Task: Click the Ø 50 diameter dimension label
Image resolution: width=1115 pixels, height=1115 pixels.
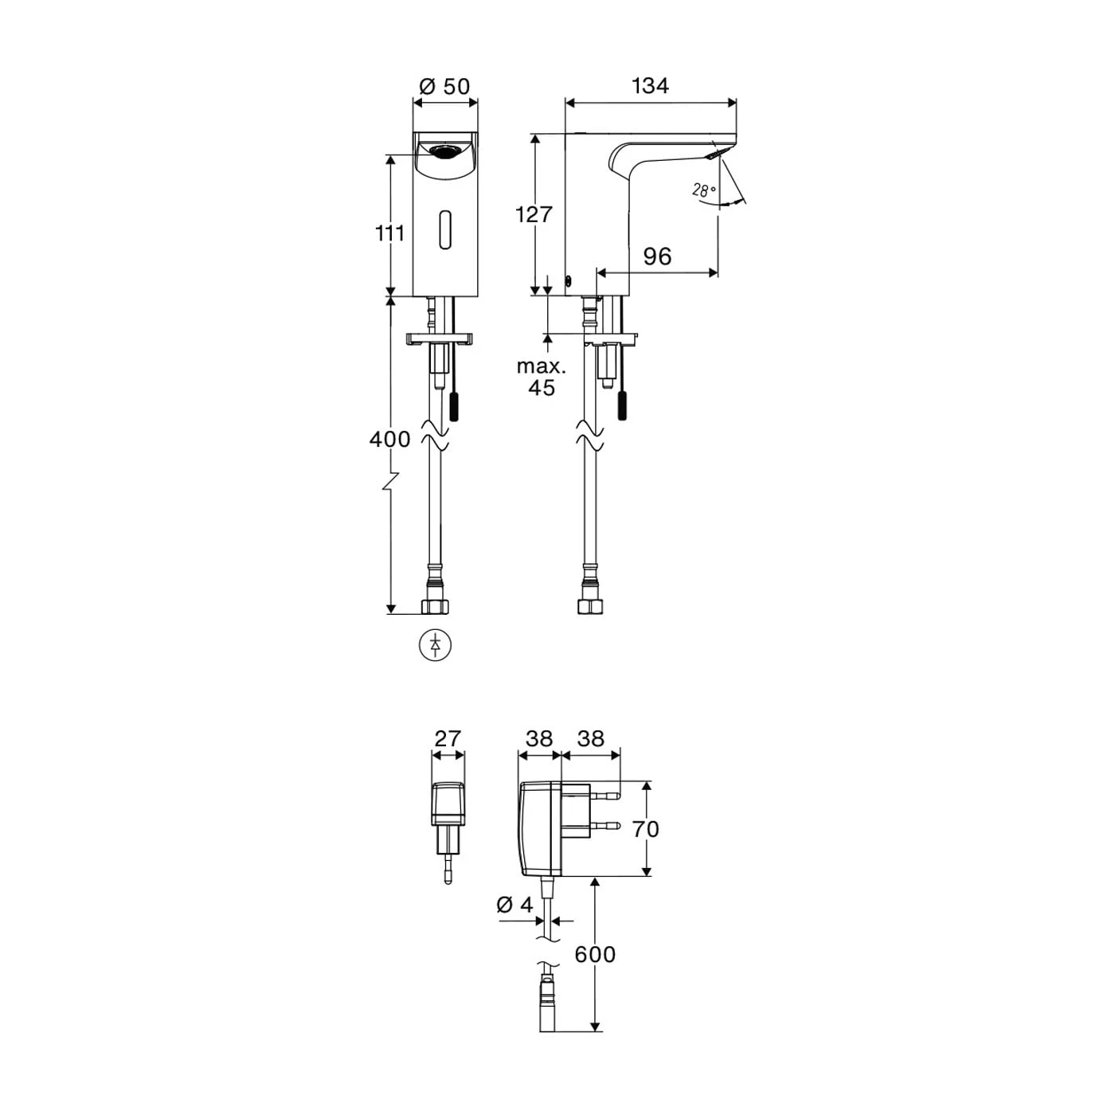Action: (x=445, y=85)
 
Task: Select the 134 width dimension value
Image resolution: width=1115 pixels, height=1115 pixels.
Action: (x=650, y=85)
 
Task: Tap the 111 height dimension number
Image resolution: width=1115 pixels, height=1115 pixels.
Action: (x=390, y=233)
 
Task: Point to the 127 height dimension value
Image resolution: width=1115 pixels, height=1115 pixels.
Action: (x=534, y=214)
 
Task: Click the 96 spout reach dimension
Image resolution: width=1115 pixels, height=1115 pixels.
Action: (x=657, y=256)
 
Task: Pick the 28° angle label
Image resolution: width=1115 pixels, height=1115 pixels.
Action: (x=703, y=190)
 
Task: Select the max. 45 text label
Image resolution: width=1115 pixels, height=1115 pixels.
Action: (x=542, y=378)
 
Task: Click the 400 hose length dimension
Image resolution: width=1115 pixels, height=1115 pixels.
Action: (x=390, y=439)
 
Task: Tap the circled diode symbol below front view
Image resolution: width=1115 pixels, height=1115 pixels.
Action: (x=435, y=644)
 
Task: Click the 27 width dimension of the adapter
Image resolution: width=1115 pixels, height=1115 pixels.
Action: (x=448, y=738)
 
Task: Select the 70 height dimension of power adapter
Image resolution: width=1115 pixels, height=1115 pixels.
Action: (x=646, y=829)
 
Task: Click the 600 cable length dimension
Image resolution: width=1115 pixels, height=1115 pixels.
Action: (x=596, y=953)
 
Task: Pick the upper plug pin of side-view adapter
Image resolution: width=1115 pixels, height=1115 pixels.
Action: (x=608, y=796)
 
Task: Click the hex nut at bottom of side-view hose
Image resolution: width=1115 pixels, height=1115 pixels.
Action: (x=589, y=606)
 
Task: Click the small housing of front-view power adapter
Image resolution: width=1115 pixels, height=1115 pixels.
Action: (x=448, y=804)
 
